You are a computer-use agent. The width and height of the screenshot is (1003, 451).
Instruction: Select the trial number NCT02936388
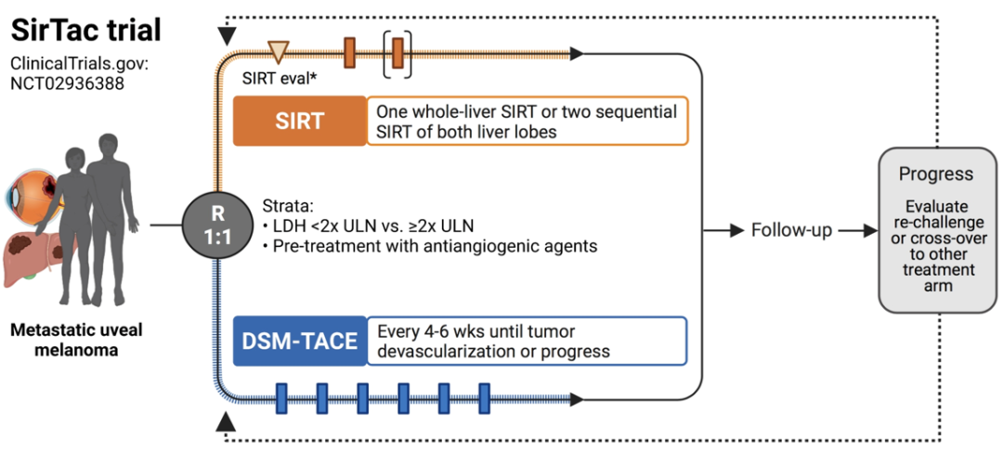[67, 83]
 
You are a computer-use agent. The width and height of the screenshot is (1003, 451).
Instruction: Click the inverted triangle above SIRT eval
[279, 50]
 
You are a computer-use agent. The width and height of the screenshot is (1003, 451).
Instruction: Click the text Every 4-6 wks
[435, 332]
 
